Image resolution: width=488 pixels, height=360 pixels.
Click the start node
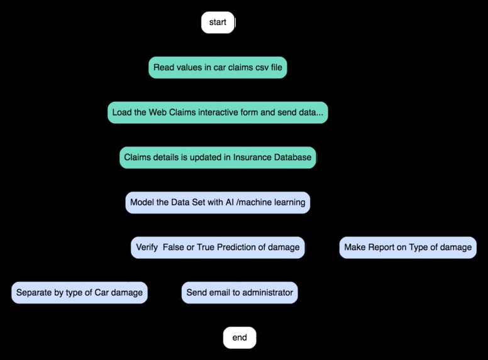point(218,23)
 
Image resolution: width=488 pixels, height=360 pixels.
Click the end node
point(240,338)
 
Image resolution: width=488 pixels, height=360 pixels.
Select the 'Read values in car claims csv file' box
point(218,68)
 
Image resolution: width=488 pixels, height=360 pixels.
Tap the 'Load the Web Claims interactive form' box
point(218,113)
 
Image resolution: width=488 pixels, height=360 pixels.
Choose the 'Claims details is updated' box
point(218,158)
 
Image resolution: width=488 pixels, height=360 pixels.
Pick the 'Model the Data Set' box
point(218,203)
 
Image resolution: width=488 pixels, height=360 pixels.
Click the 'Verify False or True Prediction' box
point(218,248)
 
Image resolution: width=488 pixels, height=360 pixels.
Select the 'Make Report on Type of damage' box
point(408,248)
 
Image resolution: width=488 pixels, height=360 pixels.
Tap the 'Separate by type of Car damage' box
point(79,293)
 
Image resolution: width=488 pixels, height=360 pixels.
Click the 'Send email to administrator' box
point(240,293)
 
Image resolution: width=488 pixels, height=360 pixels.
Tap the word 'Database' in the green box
point(292,158)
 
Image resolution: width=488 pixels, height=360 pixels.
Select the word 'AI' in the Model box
point(230,203)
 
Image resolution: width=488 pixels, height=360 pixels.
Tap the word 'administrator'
point(268,293)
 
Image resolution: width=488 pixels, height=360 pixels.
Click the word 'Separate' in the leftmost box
point(35,293)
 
